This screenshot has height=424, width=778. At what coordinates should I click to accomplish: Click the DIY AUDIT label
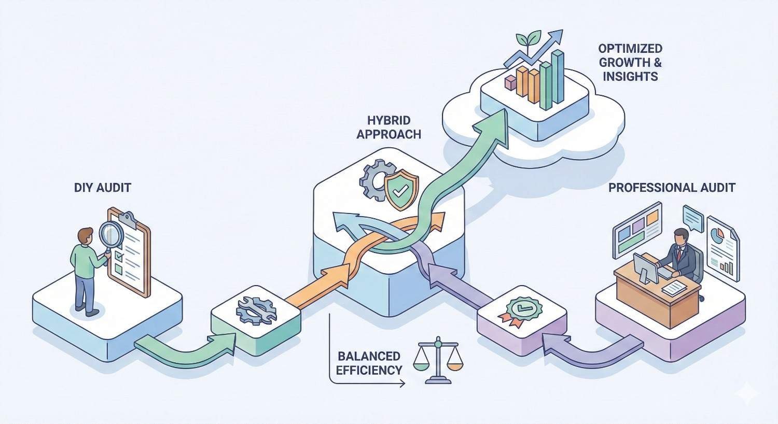click(103, 187)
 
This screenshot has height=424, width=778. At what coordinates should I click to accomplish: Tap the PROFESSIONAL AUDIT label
click(672, 187)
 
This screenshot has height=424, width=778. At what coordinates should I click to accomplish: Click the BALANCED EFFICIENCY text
click(369, 363)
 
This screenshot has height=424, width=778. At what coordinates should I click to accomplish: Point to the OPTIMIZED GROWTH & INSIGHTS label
click(630, 63)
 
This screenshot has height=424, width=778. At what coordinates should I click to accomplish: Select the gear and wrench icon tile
click(256, 311)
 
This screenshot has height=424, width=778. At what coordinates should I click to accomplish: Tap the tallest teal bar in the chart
click(558, 77)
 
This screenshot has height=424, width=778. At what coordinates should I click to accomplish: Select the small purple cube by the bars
click(510, 82)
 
